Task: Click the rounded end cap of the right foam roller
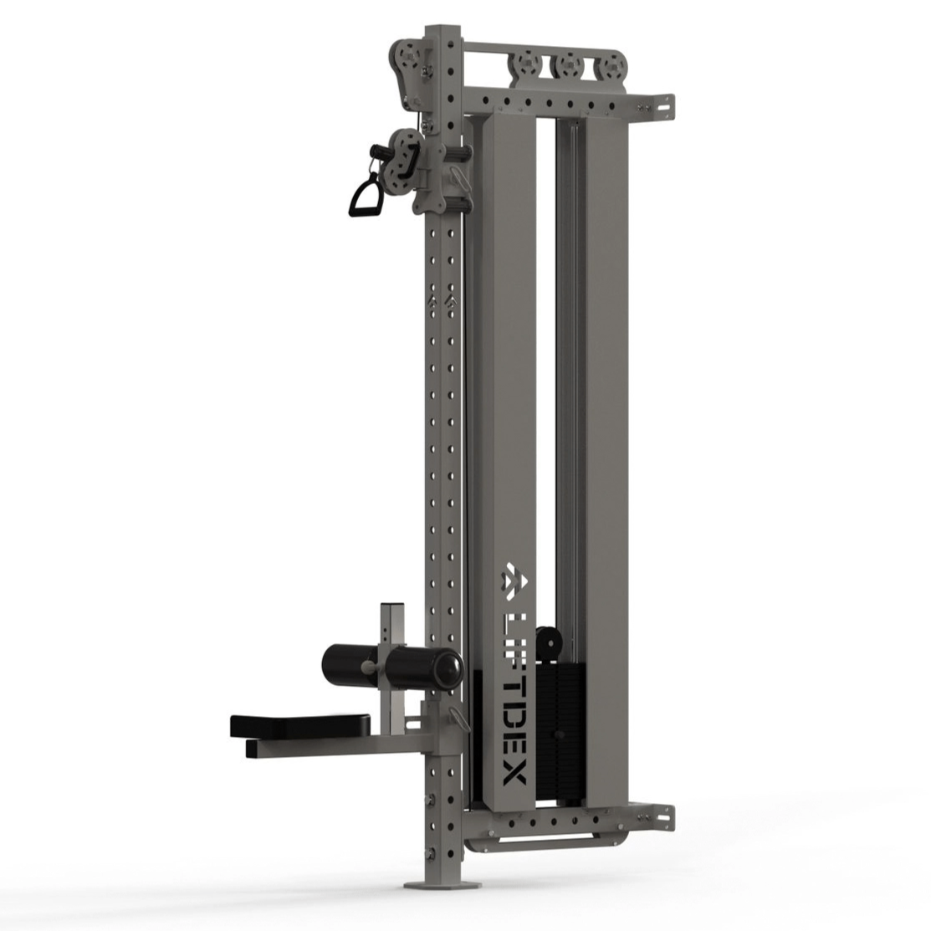pos(453,666)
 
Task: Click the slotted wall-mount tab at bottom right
pos(661,811)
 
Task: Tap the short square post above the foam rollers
pos(391,624)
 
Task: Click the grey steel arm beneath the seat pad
pos(335,749)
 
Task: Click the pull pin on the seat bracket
pos(455,718)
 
